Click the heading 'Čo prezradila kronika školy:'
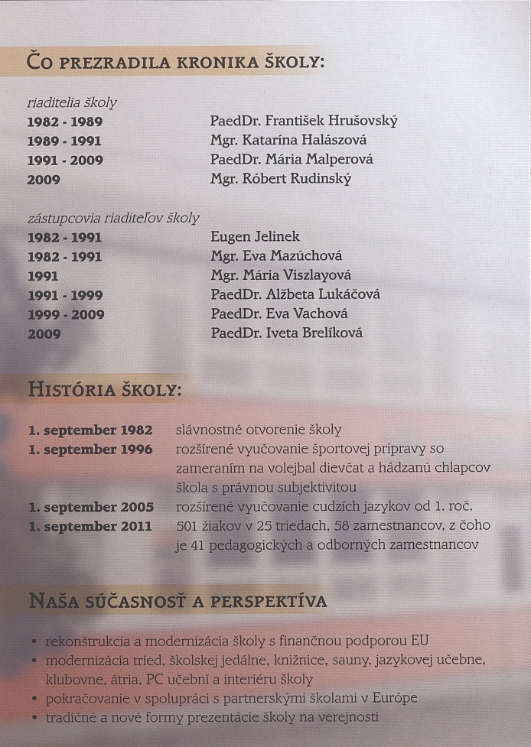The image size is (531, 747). click(x=177, y=60)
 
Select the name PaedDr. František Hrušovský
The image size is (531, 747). click(x=304, y=122)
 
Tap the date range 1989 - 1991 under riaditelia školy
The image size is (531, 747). click(x=65, y=141)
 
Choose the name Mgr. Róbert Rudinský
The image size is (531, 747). click(x=281, y=180)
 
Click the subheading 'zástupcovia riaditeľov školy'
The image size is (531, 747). click(x=113, y=218)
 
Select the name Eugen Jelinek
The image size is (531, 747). click(x=255, y=237)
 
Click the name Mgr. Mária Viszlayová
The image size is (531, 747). click(x=281, y=275)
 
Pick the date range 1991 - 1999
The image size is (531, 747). click(x=65, y=295)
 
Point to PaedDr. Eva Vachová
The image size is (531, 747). click(x=279, y=314)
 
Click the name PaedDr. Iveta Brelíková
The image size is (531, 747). click(x=286, y=333)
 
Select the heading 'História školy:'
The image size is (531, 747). click(x=105, y=390)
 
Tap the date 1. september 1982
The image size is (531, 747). click(x=90, y=430)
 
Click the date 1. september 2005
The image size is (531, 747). click(x=90, y=507)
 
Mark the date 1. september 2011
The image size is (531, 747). click(x=90, y=526)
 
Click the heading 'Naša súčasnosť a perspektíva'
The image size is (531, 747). click(x=178, y=602)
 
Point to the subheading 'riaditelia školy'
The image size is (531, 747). click(x=72, y=102)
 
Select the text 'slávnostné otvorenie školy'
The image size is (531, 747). click(x=259, y=430)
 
